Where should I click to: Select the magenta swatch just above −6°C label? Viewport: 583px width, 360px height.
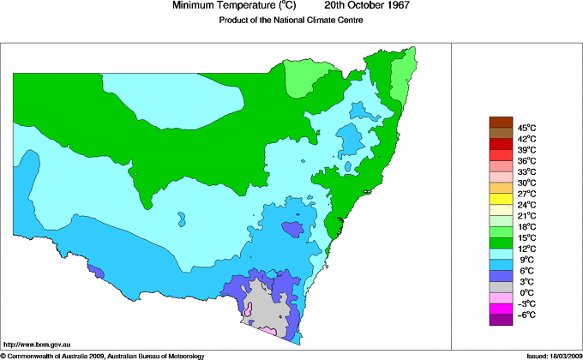(500, 309)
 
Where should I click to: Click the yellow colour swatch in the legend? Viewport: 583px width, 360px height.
(500, 199)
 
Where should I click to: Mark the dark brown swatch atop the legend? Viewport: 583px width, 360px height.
(500, 122)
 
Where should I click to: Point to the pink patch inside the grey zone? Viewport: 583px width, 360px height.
(248, 312)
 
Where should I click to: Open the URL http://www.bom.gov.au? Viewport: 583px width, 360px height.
(37, 344)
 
